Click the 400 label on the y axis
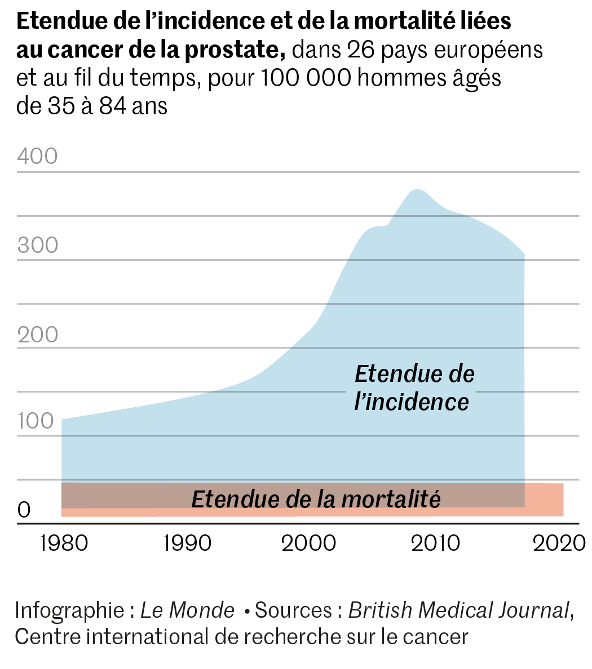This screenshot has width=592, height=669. pos(37,156)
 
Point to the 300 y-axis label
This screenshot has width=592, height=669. pos(37,245)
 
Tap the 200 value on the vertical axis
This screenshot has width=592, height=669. pos(37,334)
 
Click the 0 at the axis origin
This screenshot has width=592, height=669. pos(24,510)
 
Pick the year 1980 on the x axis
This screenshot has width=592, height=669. pos(64,543)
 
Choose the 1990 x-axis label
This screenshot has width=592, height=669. pos(187,543)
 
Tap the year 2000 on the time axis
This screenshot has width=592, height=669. pos(308,543)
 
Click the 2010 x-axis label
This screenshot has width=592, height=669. pos(435,543)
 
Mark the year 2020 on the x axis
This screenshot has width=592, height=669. pos(559,543)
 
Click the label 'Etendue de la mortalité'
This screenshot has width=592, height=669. pos(316,499)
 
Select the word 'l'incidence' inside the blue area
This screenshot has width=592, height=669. pos(412,402)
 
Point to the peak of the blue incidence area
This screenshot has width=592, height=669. pos(417,190)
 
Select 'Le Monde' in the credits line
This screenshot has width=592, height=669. pos(187,610)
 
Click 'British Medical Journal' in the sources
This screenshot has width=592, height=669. pos(458,610)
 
